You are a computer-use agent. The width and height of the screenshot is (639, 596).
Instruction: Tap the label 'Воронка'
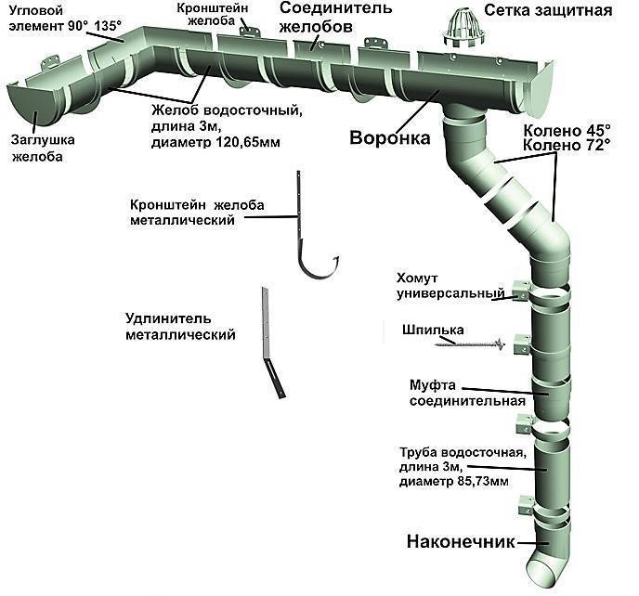point(389,137)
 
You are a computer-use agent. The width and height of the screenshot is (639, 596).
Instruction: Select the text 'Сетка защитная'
point(548,11)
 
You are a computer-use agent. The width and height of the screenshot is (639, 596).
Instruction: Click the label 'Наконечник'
point(461,542)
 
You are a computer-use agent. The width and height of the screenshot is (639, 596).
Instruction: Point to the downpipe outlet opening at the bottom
point(542,573)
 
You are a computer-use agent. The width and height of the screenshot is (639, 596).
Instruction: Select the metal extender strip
point(271,343)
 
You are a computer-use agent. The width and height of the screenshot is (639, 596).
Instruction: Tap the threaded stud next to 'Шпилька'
point(470,344)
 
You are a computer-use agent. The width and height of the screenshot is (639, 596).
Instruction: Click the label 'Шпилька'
point(433,330)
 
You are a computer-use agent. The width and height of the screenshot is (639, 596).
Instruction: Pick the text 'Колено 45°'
point(567,131)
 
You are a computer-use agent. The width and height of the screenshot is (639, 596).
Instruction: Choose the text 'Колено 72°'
point(567,145)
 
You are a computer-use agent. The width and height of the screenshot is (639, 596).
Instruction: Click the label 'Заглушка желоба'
point(43,148)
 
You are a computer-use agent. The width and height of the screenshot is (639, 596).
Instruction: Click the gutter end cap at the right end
point(539,86)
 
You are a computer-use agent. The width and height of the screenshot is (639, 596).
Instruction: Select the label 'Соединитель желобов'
point(336,17)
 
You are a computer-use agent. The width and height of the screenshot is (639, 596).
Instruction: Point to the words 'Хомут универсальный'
point(450,286)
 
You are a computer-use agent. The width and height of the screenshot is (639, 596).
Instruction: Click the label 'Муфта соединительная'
point(467,393)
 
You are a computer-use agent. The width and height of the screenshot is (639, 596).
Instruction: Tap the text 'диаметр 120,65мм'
point(215,142)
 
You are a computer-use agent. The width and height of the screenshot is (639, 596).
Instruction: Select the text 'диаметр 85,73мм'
point(454,482)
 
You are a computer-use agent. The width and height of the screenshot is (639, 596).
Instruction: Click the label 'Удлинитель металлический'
point(180,326)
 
